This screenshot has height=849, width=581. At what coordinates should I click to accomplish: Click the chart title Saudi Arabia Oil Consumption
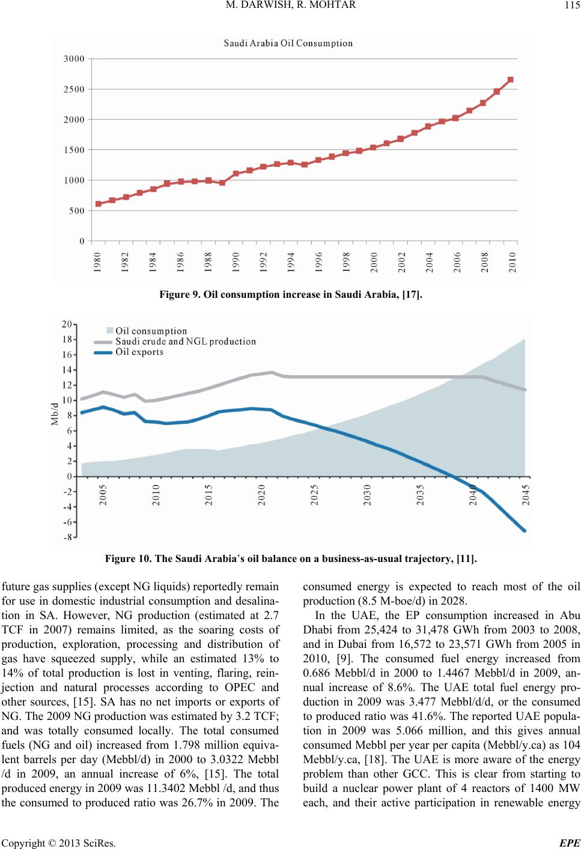[288, 43]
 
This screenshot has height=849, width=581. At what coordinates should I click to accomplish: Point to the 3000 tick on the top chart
[74, 59]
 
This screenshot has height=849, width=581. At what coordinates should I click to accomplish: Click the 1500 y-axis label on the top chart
[74, 150]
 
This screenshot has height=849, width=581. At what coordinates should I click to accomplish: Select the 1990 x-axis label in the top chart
[236, 262]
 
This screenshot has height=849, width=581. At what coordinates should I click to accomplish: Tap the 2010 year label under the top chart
[512, 262]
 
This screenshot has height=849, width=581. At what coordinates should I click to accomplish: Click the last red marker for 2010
[510, 80]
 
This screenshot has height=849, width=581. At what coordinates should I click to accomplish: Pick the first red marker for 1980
[99, 204]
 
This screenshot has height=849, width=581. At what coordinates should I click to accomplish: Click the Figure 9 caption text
[291, 294]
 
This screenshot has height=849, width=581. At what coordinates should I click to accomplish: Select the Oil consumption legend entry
[151, 331]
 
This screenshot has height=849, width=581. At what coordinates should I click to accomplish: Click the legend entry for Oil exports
[139, 352]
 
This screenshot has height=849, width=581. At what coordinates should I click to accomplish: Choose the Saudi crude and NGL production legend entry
[186, 342]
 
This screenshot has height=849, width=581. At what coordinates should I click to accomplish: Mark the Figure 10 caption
[291, 560]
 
